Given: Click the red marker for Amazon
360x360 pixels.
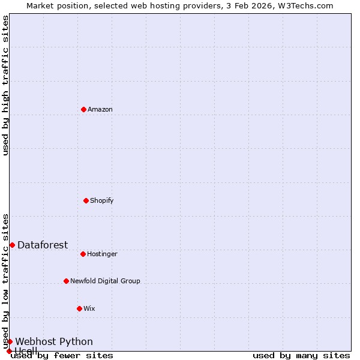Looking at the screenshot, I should click(x=83, y=109).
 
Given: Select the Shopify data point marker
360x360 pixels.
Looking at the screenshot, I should click(x=86, y=200).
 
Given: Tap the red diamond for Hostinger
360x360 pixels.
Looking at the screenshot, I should click(x=83, y=254).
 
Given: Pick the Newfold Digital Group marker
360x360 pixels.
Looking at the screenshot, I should click(x=66, y=281).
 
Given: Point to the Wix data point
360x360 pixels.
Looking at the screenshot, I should click(x=79, y=308).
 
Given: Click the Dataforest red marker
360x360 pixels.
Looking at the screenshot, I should click(x=12, y=245).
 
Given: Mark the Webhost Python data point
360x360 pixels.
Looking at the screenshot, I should click(x=10, y=341).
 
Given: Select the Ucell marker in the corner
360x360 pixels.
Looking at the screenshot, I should click(x=9, y=351).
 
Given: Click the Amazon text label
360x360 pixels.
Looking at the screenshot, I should click(x=100, y=109).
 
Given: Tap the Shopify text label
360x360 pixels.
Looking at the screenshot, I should click(x=102, y=200).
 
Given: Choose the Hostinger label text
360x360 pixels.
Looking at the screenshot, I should click(x=102, y=254).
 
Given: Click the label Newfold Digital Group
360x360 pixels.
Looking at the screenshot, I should click(x=105, y=281).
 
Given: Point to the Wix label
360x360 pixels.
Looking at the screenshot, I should click(x=89, y=308).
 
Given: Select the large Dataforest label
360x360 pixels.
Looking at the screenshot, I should click(x=43, y=245).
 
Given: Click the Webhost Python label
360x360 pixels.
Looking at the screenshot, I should click(x=54, y=341).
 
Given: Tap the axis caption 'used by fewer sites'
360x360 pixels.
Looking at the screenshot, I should click(x=62, y=356).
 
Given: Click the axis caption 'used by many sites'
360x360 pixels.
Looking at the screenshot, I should click(x=301, y=356).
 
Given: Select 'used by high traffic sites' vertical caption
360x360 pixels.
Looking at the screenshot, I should click(x=5, y=85).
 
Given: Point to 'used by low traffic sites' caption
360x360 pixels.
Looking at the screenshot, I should click(x=5, y=281).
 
